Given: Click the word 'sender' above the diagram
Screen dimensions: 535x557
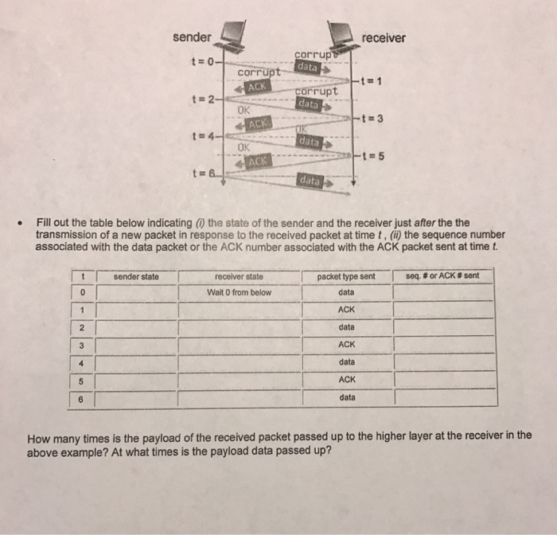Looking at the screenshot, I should click(x=192, y=37).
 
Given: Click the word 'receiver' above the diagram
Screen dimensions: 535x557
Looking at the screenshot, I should click(x=383, y=37).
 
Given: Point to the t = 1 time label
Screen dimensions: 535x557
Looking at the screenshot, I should click(x=372, y=80).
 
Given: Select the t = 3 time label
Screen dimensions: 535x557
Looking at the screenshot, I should click(x=372, y=119).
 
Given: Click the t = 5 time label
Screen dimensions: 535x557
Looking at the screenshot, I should click(x=372, y=155).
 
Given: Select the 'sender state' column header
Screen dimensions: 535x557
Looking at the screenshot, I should click(x=136, y=276).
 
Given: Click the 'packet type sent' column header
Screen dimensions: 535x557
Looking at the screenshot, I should click(x=346, y=276).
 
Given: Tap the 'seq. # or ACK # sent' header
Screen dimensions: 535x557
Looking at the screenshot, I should click(x=442, y=276).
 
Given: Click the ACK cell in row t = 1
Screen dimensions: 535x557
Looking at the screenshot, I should click(x=346, y=310).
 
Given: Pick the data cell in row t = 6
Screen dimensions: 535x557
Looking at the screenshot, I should click(x=347, y=397).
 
